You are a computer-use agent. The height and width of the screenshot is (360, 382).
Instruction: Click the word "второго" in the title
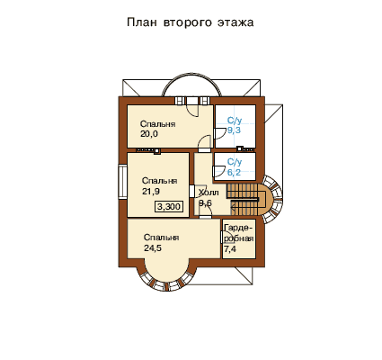pos(188,22)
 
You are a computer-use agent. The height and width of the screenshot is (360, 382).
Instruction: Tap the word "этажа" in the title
pos(235,22)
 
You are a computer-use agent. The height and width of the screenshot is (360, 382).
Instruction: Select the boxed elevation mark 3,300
pos(169,207)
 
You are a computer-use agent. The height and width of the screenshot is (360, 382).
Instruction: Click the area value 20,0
pos(149,134)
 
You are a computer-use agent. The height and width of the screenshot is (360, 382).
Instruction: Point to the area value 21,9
pos(151,191)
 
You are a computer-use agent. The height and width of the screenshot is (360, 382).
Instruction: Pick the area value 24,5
pos(153,248)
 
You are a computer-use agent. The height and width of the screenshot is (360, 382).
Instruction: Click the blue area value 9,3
pos(234,130)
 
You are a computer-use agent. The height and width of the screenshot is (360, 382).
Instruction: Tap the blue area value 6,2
pos(234,173)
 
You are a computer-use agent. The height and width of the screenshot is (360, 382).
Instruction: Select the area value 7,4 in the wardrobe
pos(230,248)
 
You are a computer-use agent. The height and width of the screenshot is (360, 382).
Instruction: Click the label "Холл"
pos(209,193)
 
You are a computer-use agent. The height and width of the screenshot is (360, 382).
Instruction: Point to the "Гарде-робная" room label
pos(239,233)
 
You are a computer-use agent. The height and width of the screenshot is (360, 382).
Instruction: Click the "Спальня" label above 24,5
pos(162,238)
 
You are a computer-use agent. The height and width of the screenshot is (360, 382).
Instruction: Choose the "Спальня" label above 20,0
pos(158,124)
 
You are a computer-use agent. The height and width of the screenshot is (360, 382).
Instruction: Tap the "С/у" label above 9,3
pos(235,121)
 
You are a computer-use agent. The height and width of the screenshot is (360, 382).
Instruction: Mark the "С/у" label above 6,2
pos(235,162)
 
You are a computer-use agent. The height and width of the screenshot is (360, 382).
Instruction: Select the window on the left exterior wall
pos(122,182)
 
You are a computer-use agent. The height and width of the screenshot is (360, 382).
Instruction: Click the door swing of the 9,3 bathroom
pos(220,134)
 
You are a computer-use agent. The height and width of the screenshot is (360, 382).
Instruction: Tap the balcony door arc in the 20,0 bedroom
pos(191,111)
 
